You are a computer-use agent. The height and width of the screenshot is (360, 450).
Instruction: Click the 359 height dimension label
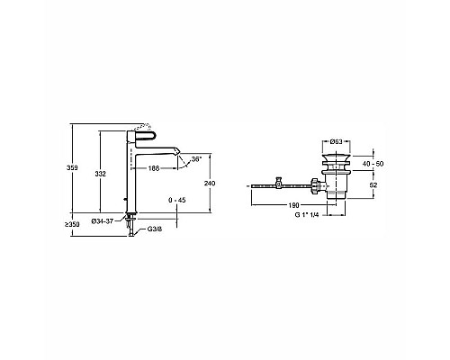tap(72, 167)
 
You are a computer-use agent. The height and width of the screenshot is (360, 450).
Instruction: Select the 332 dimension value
tap(100, 174)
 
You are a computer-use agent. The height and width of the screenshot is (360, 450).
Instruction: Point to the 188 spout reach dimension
tap(154, 168)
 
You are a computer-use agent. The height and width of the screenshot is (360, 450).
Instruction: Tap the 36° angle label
tap(196, 159)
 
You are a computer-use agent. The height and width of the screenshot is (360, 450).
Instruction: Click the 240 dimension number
tap(210, 183)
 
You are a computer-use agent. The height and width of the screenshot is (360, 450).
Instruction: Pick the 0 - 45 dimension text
tap(176, 201)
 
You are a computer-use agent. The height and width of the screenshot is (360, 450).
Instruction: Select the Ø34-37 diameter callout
tap(102, 221)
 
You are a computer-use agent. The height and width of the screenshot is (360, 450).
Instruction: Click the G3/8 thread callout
tap(155, 229)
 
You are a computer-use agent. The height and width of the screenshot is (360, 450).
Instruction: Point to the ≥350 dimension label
tap(72, 224)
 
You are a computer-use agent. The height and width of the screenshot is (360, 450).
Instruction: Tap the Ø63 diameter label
tap(336, 142)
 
